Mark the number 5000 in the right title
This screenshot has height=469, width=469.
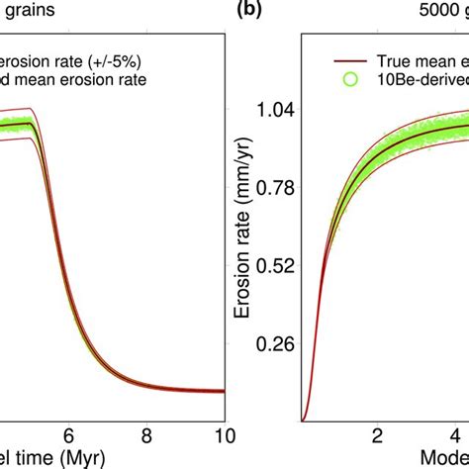click(x=432, y=13)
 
